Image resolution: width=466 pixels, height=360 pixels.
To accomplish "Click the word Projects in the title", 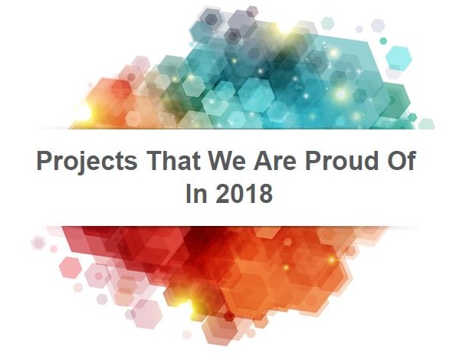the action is pos(87,162).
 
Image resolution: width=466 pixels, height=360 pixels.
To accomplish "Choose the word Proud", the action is pos(342,160).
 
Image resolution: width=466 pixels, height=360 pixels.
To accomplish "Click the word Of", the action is pos(401,160).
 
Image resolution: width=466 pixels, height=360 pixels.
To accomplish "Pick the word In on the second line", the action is pos(196,193).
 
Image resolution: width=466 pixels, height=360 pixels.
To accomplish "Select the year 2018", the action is pos(244,193).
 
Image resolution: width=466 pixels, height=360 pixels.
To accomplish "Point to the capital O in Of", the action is pos(396,160).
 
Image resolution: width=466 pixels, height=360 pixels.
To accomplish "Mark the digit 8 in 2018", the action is pos(265,193).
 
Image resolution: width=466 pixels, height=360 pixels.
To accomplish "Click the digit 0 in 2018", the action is pos(237,193).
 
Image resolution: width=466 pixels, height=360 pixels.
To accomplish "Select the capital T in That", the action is pos(155,160).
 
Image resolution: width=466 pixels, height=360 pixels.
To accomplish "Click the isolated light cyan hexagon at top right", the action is pos(399,58).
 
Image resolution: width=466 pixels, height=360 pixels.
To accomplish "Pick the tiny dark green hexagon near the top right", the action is pos(383,41).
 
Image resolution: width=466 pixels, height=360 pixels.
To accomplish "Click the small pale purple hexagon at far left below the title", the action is pos(38,243).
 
